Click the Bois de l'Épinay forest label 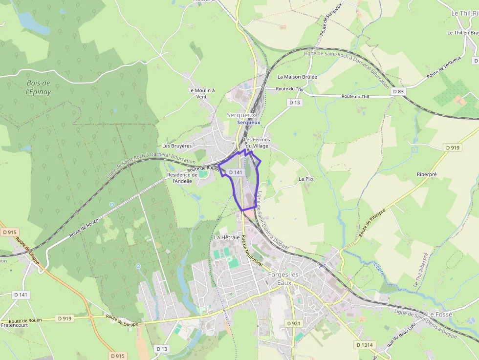(39, 87)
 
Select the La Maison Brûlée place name (297, 77)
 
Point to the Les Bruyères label (177, 146)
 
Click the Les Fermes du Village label (257, 143)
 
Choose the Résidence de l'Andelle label (182, 178)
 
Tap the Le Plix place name (305, 179)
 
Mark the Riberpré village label (427, 173)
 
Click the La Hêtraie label (227, 237)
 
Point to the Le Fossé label (440, 314)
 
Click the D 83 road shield (398, 91)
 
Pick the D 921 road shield (294, 323)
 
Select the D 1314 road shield (364, 345)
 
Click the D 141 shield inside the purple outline (235, 172)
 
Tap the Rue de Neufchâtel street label (252, 251)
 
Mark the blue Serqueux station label (249, 123)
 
